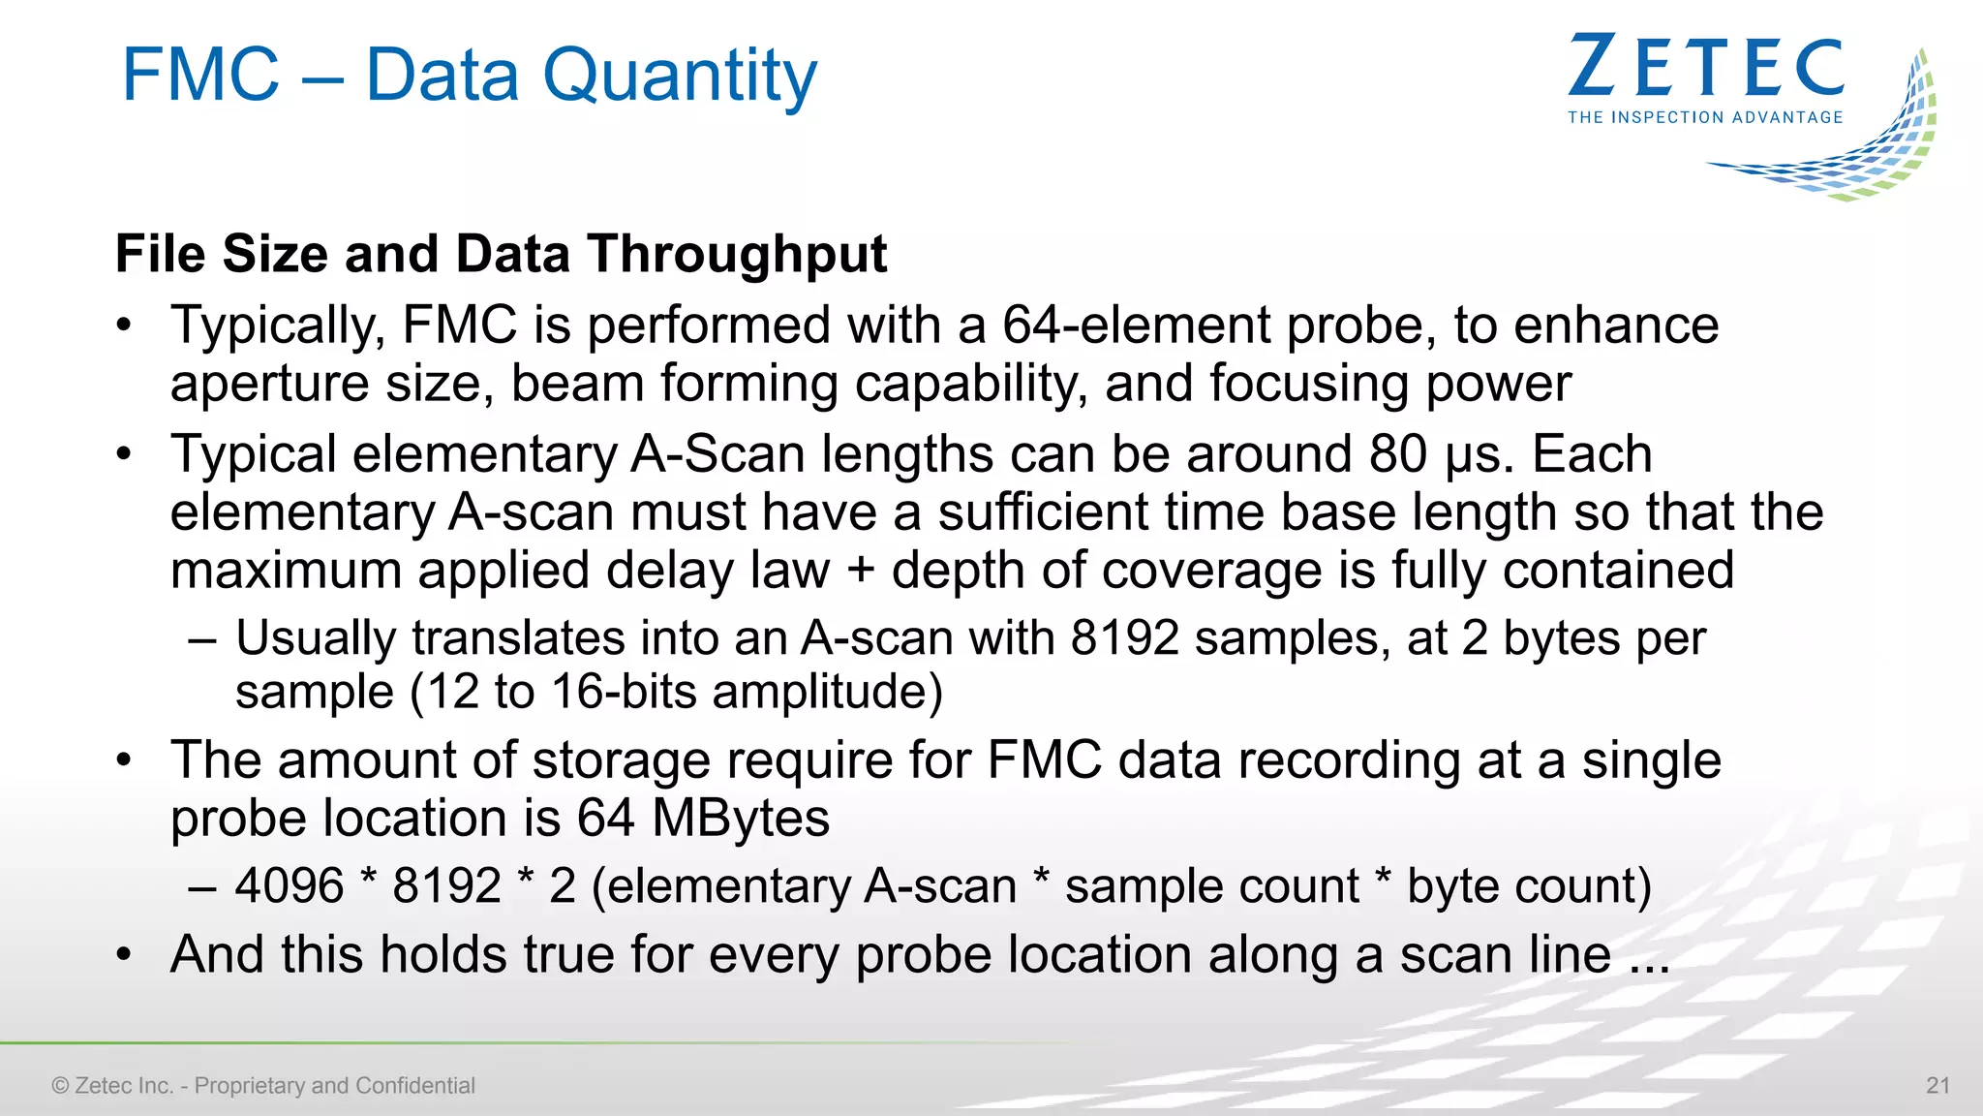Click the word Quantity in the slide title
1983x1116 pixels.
tap(680, 76)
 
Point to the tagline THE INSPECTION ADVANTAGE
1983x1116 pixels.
tap(1705, 117)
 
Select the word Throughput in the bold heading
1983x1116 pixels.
tap(737, 254)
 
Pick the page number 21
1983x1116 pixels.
tap(1937, 1085)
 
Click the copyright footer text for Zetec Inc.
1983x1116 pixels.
tap(263, 1085)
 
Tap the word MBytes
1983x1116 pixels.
tap(741, 818)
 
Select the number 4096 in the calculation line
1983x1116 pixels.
tap(290, 885)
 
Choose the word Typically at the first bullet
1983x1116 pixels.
tap(279, 326)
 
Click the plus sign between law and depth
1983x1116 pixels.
tap(861, 571)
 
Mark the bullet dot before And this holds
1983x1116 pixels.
tap(124, 955)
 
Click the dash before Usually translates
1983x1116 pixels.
tap(202, 639)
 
